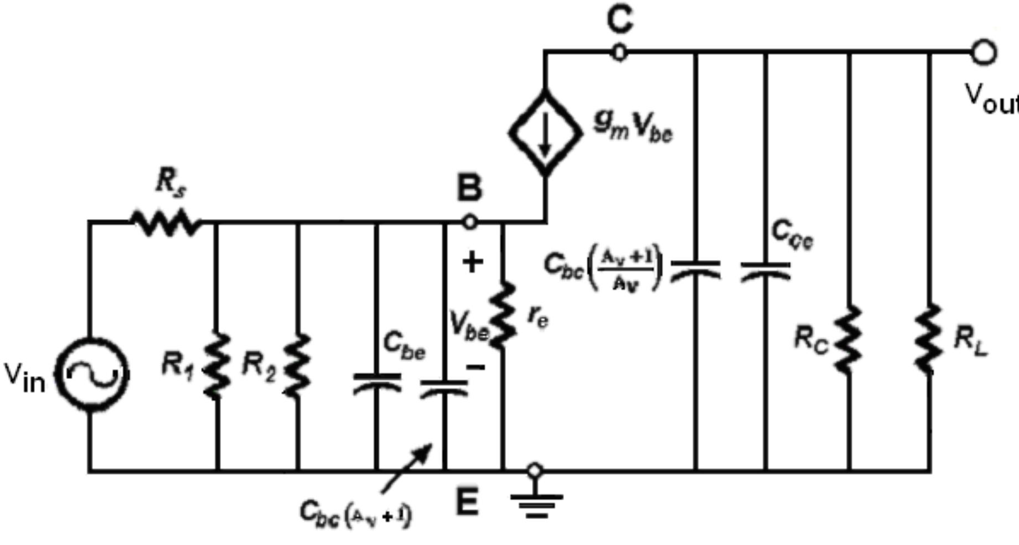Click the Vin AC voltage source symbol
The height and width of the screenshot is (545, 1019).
(x=91, y=375)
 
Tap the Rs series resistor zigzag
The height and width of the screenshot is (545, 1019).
(x=166, y=223)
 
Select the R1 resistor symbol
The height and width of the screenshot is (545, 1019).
(x=217, y=365)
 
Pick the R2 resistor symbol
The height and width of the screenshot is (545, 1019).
(x=298, y=365)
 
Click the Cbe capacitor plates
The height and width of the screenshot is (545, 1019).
(x=377, y=382)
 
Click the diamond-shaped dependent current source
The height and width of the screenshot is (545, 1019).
(x=545, y=133)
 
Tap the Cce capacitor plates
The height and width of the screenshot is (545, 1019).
(x=765, y=269)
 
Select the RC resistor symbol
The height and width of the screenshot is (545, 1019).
(x=849, y=339)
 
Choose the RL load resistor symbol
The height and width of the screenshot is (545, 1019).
(x=929, y=339)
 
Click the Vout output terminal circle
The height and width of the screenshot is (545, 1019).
(x=984, y=53)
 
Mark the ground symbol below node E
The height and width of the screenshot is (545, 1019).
(x=535, y=504)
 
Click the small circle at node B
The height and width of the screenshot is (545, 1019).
(x=469, y=222)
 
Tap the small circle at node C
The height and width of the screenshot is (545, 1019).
(x=619, y=53)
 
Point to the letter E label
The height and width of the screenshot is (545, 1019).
(x=467, y=503)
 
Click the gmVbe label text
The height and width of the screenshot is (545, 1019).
(x=633, y=127)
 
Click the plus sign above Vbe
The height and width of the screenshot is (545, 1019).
(x=472, y=262)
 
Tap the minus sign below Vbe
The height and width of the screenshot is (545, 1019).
(x=475, y=366)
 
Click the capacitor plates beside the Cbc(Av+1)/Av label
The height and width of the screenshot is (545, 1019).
(x=696, y=269)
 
